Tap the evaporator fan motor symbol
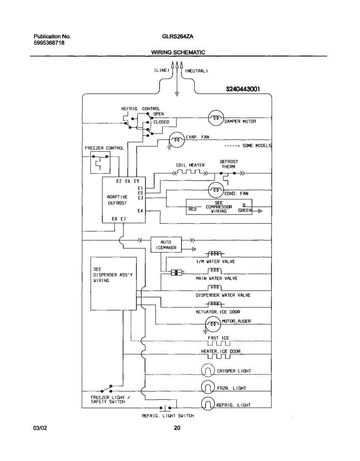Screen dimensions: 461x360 click(177, 141)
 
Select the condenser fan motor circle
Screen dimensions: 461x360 click(216, 190)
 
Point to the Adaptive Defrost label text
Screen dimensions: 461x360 click(117, 200)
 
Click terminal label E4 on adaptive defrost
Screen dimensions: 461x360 click(140, 211)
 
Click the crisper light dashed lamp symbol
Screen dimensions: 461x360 click(208, 371)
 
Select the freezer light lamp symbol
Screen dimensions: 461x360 click(208, 388)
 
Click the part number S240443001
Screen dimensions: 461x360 click(243, 89)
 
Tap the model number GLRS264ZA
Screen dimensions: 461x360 click(177, 36)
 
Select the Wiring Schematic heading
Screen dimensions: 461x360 click(178, 52)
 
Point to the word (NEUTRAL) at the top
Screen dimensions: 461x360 click(197, 71)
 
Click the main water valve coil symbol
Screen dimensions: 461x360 click(215, 271)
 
